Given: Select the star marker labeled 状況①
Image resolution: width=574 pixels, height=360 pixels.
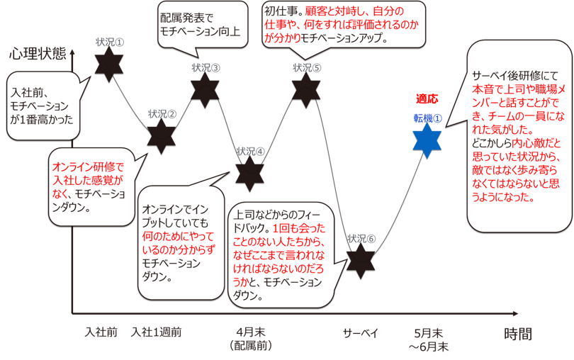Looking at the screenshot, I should pyautogui.click(x=109, y=64).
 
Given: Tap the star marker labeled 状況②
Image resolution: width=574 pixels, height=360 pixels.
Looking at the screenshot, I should pyautogui.click(x=162, y=135).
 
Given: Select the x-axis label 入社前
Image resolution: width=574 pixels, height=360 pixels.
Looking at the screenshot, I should pyautogui.click(x=101, y=332).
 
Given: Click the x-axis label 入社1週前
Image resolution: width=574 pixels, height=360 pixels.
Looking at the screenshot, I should pyautogui.click(x=156, y=332).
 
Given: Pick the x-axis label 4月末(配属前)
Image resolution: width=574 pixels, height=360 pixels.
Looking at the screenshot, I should pyautogui.click(x=252, y=338).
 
